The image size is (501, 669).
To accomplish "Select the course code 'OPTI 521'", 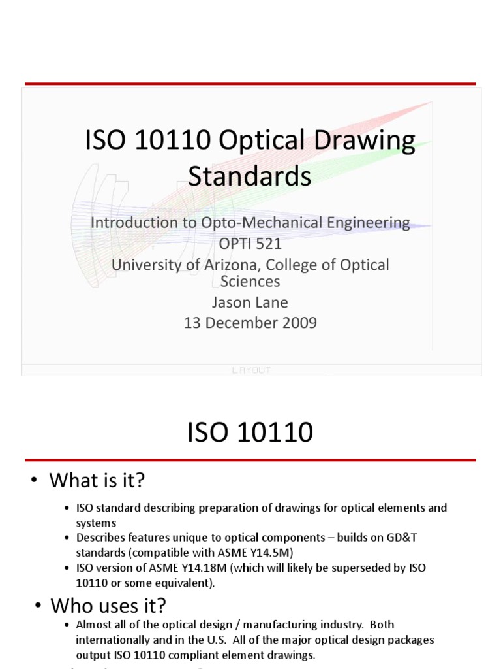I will coord(250,244).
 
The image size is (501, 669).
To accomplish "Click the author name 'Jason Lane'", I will coord(250,302).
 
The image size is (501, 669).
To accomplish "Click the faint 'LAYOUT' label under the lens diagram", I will coord(251,370).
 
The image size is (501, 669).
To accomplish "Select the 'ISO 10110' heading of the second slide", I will coord(250,432).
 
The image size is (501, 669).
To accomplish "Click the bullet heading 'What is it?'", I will coord(97,481).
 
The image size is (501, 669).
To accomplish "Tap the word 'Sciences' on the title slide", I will coord(250,282).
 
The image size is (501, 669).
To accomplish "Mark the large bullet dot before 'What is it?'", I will coord(35,481).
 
